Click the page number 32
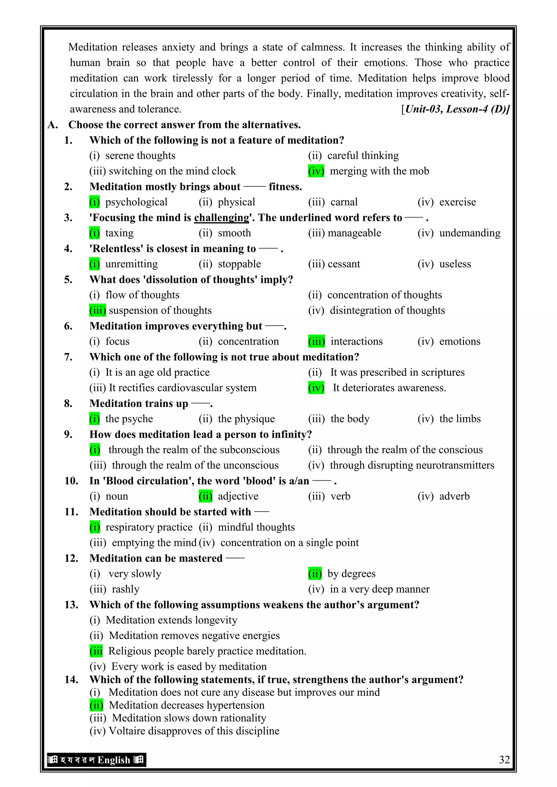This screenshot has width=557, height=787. (x=504, y=760)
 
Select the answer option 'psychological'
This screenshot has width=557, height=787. (x=136, y=202)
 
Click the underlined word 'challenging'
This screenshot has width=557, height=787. (x=222, y=218)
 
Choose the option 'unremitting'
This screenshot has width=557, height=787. (x=131, y=264)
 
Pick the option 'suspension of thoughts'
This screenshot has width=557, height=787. (x=160, y=310)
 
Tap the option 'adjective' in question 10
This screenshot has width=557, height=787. (x=238, y=496)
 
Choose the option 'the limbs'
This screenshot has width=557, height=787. (x=460, y=419)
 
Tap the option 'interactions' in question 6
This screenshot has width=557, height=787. (x=356, y=341)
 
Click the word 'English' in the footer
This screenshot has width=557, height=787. (x=114, y=760)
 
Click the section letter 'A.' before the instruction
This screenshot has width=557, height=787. (x=52, y=125)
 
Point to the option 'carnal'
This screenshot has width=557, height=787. (x=344, y=202)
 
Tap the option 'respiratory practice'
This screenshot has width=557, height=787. (x=149, y=527)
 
